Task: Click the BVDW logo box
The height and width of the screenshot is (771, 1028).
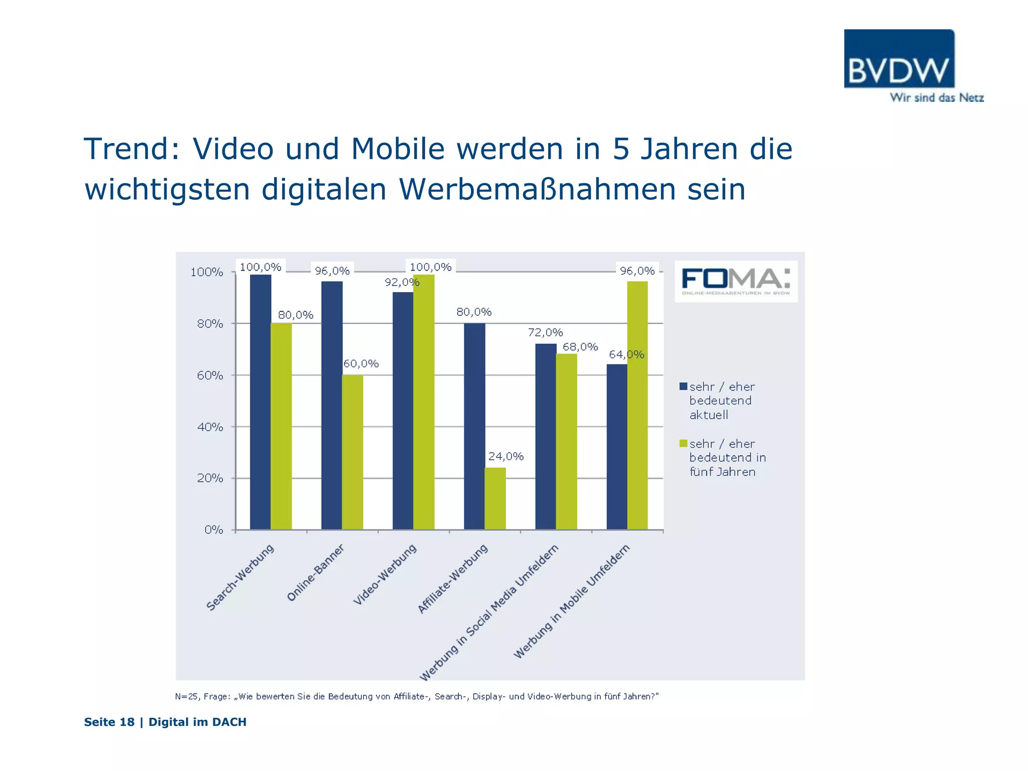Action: coord(899,59)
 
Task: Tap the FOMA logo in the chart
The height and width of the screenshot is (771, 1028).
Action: coord(736,281)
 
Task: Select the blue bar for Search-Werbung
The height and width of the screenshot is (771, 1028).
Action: coord(261,402)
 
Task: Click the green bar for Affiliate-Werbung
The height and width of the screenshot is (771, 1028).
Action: coord(495,498)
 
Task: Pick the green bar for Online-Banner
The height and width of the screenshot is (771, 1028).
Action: coord(352,452)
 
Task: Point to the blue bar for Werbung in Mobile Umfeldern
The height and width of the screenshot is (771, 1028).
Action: coord(617,447)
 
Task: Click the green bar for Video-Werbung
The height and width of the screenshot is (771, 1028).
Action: coord(424,402)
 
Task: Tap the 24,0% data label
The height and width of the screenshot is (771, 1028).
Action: coord(505,456)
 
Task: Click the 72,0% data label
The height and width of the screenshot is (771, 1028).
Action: coord(545,332)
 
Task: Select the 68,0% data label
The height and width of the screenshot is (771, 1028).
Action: coord(580,347)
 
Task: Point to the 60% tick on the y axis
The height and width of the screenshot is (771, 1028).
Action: coord(210,375)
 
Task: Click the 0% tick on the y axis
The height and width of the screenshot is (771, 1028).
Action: coord(214,530)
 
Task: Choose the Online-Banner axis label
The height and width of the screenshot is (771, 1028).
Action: coord(315,573)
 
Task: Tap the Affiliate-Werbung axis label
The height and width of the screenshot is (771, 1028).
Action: coord(452,579)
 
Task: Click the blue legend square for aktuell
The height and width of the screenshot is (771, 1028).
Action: coord(683,387)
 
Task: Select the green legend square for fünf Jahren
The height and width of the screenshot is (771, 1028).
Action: coord(683,443)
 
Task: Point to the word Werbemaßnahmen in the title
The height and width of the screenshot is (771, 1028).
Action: coord(538,189)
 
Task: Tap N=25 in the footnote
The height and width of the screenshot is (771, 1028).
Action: coord(187,696)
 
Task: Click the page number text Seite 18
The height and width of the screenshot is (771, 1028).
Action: coord(109,722)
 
